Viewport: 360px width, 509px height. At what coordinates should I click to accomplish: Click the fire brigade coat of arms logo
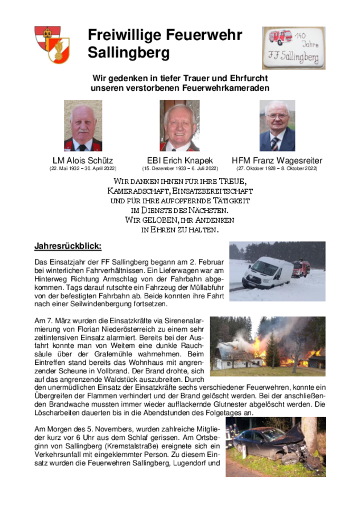coord(52,44)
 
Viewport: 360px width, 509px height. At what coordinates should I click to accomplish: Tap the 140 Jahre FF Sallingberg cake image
coord(293,48)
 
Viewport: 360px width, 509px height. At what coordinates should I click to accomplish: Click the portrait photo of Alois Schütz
coord(83,126)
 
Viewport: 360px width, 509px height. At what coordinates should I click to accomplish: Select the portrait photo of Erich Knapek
coord(179,126)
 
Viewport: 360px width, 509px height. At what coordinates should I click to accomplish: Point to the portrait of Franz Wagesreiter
coord(277,126)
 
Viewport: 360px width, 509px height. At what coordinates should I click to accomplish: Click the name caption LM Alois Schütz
coord(83,161)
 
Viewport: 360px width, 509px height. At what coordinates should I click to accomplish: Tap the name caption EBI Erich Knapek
coord(179,161)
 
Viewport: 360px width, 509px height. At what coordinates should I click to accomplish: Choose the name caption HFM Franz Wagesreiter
coord(277,161)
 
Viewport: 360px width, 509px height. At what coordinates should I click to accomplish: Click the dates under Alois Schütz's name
coord(83,168)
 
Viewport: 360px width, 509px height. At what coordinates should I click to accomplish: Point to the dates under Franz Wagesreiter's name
coord(277,168)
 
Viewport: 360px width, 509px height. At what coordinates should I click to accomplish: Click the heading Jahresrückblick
coord(68,246)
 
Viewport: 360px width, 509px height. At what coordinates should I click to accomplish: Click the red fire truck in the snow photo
coord(301,268)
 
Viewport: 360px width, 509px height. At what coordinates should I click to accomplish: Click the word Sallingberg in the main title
coord(129,53)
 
